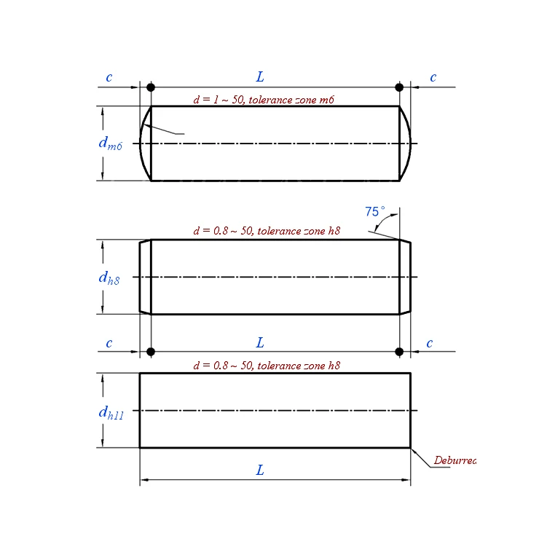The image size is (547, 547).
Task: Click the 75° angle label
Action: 374,212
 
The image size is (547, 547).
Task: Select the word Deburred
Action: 454,460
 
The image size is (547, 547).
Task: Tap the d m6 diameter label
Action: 110,143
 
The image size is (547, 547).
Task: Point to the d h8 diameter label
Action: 109,278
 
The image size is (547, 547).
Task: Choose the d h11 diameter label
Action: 111,412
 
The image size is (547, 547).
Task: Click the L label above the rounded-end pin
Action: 260,76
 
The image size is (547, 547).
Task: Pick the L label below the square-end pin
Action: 260,470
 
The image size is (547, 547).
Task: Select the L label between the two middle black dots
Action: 260,342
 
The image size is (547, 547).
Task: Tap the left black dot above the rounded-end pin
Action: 151,87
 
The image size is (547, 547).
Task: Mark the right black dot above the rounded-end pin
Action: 399,87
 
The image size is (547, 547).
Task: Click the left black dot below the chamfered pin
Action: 151,352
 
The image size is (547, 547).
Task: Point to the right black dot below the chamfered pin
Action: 399,352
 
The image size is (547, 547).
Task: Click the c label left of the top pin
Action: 109,77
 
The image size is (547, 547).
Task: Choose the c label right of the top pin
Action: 433,77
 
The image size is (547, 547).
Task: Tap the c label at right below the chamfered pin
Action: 430,343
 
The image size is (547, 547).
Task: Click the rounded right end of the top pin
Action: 406,143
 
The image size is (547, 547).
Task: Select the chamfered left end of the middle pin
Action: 145,278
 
